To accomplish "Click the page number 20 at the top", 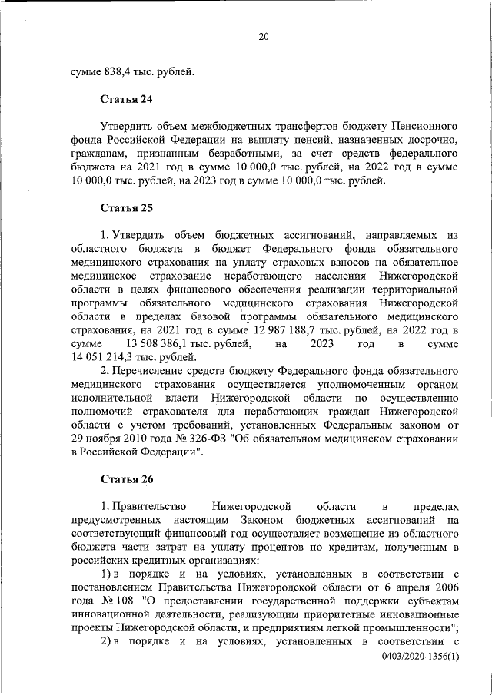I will (263, 36).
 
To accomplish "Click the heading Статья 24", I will (127, 98).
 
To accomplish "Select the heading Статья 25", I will (127, 208).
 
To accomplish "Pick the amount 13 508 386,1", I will (168, 344).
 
